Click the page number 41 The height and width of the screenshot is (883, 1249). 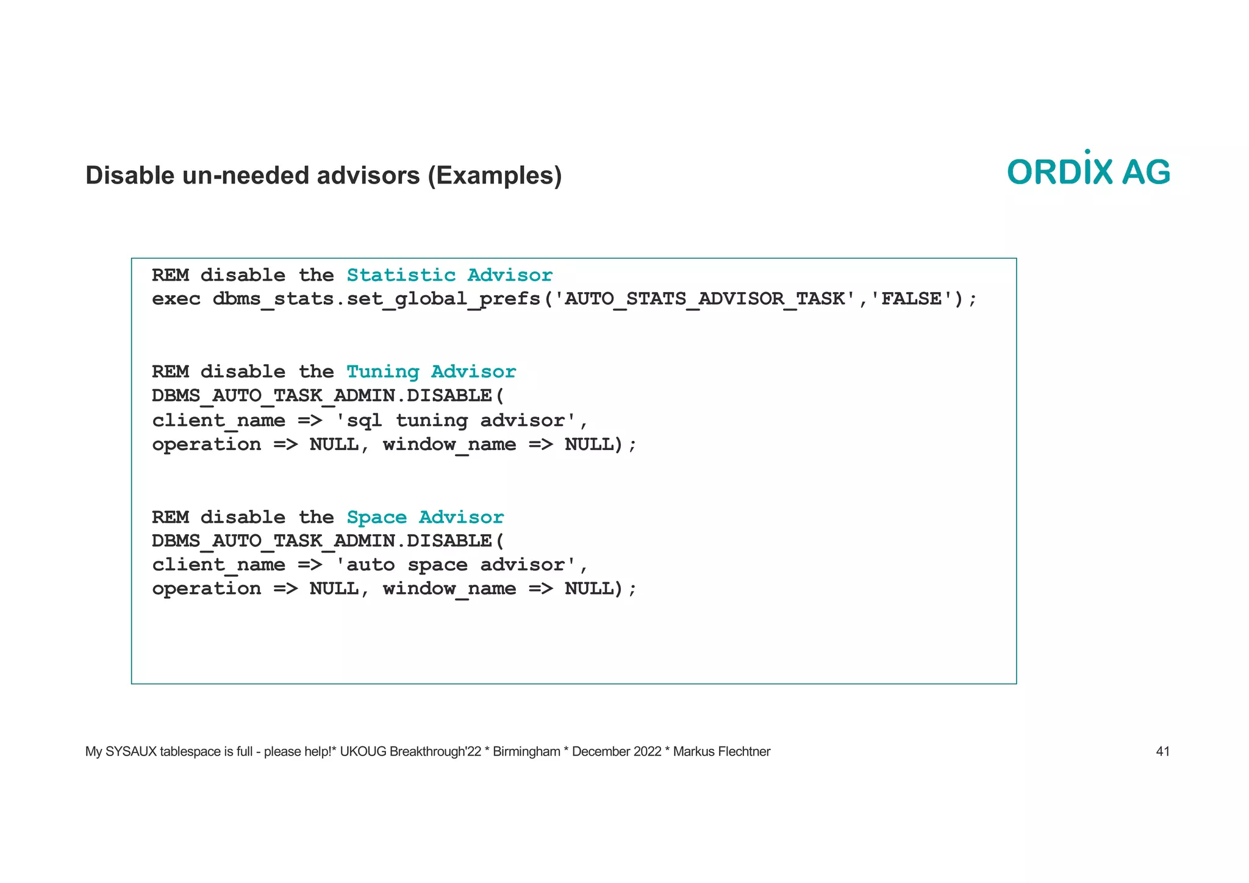[1162, 751]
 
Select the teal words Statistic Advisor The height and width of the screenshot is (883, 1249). [449, 275]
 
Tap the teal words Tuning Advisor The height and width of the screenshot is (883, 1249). [431, 371]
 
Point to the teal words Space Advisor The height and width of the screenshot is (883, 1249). [425, 517]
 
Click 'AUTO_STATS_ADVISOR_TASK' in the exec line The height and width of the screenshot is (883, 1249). [704, 299]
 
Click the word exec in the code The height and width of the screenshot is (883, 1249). [176, 299]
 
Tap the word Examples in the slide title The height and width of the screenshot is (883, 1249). [495, 176]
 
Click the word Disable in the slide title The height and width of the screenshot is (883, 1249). [130, 176]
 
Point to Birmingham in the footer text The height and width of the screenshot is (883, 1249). [526, 751]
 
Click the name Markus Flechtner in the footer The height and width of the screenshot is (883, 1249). [721, 751]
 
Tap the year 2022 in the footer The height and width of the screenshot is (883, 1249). [647, 751]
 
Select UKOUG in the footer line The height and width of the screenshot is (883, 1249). [363, 751]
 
